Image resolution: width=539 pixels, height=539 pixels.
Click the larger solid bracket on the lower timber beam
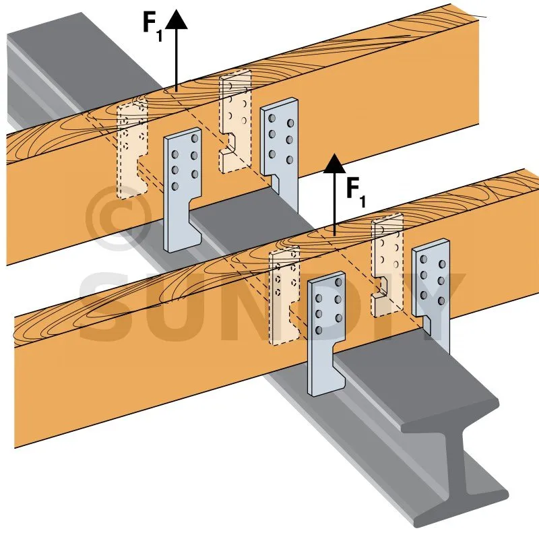(326, 330)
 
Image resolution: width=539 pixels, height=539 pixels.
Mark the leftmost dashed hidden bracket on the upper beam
(131, 148)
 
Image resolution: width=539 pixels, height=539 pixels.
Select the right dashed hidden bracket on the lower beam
(387, 259)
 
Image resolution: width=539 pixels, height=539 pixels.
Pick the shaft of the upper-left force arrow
(175, 61)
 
